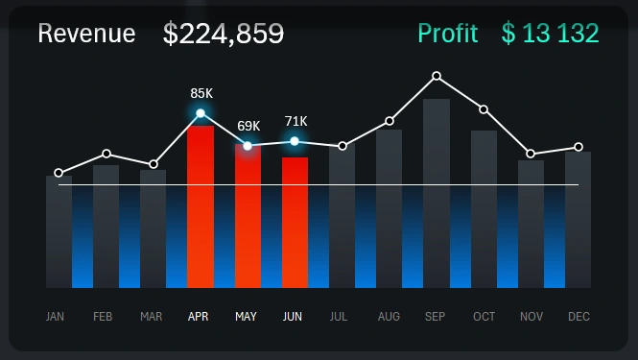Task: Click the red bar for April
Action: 200,206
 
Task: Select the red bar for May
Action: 248,216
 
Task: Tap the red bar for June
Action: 295,222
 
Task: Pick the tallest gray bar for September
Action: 437,192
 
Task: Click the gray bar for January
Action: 59,230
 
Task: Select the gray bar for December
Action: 578,219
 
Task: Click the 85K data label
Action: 201,93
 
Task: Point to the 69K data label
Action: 248,126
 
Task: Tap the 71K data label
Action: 295,121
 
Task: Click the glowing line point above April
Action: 201,113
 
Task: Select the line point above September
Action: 437,75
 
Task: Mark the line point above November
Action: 531,154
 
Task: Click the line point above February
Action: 106,154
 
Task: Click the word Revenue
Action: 86,34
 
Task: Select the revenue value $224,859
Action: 224,34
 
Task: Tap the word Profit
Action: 447,34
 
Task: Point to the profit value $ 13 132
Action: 550,34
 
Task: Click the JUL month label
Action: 339,316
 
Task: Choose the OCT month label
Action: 484,316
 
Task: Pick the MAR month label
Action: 151,316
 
